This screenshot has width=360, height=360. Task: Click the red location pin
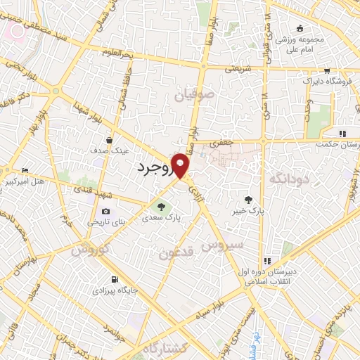182,165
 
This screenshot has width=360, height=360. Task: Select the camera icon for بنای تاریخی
105,212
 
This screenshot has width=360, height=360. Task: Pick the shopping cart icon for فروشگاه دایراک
327,71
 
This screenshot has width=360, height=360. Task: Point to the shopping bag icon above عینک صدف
110,140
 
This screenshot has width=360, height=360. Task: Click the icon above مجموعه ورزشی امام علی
300,28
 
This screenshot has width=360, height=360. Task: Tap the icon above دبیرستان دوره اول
266,262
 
